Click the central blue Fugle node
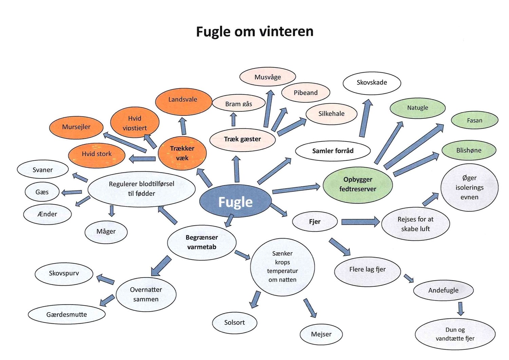pos(235,202)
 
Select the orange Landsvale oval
pos(183,101)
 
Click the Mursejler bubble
pos(76,127)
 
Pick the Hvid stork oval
pos(97,154)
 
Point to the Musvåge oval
pos(267,77)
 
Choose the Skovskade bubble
pos(372,82)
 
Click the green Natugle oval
pos(417,108)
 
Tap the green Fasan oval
pos(474,120)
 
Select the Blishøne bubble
pos(469,150)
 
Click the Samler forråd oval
pos(333,151)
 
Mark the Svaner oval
pos(43,170)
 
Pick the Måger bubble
pos(106,231)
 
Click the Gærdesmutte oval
pos(67,315)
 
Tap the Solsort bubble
pos(234,322)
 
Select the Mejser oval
pos(321,334)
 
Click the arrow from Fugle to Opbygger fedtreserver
pos(296,189)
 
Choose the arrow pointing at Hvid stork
pos(143,158)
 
